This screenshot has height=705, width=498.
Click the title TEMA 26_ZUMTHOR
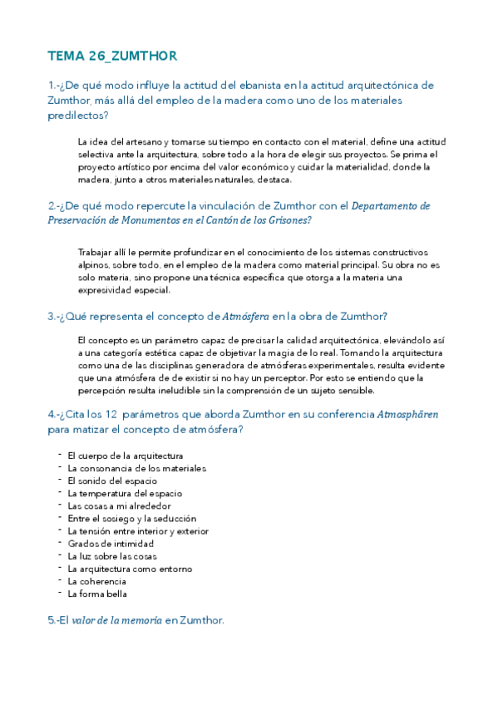112,56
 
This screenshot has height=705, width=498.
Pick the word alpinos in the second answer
93,264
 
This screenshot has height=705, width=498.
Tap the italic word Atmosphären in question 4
408,414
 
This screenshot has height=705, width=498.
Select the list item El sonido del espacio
112,481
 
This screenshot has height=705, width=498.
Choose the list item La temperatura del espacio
125,493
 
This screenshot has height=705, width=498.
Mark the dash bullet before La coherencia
60,580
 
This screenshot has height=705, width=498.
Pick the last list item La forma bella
97,594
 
